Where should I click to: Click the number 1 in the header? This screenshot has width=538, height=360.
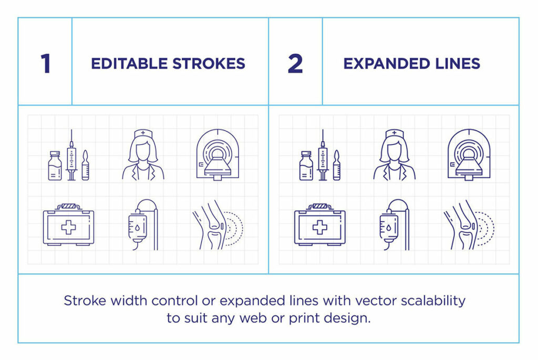(46, 64)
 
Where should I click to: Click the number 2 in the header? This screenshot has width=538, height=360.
(295, 64)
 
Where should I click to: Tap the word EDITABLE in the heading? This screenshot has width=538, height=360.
(129, 64)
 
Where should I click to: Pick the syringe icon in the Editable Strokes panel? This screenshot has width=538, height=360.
(71, 155)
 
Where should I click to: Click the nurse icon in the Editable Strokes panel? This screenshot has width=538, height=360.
(143, 155)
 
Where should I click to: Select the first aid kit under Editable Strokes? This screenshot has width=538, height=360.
(68, 225)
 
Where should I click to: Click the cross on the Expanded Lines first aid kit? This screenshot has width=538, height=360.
(319, 228)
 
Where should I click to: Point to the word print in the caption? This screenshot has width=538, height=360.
(306, 318)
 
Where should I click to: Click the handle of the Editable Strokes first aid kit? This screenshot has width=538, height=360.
(68, 207)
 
